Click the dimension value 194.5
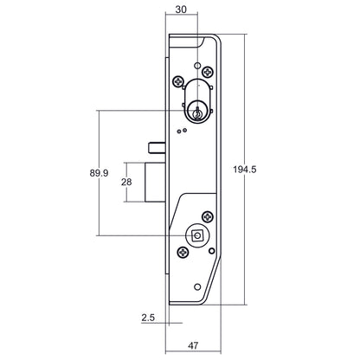pyautogui.click(x=246, y=169)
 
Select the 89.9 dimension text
pyautogui.click(x=99, y=173)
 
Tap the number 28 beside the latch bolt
pyautogui.click(x=125, y=182)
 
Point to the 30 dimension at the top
pyautogui.click(x=181, y=11)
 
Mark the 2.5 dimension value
pyautogui.click(x=147, y=318)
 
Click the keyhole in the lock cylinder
pyautogui.click(x=199, y=110)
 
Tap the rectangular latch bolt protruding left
pyautogui.click(x=152, y=182)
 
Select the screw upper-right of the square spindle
pyautogui.click(x=208, y=215)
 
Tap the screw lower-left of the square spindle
pyautogui.click(x=183, y=253)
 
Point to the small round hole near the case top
pyautogui.click(x=198, y=66)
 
